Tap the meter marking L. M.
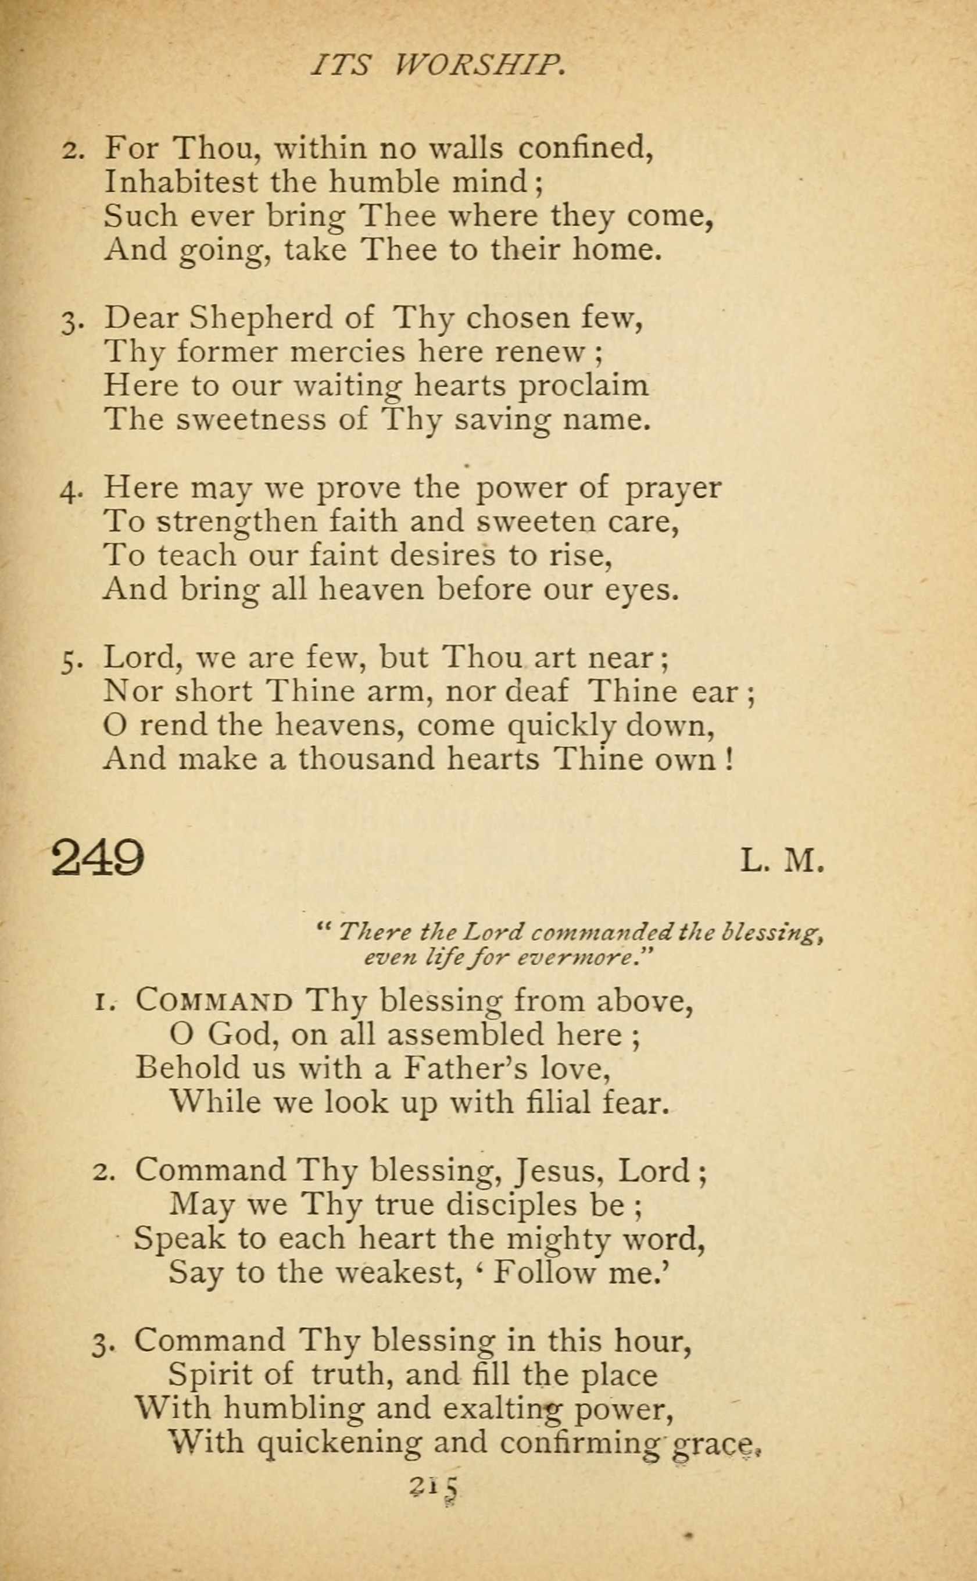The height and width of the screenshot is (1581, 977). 782,861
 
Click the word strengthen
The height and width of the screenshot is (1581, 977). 237,522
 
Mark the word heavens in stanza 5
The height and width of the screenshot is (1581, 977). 339,725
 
